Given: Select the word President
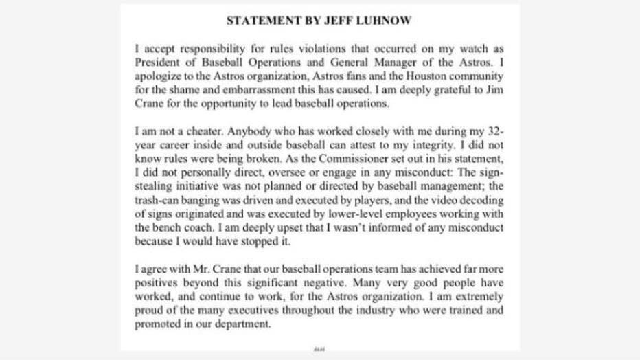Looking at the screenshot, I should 156,60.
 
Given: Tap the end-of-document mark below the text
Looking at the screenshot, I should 319,348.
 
